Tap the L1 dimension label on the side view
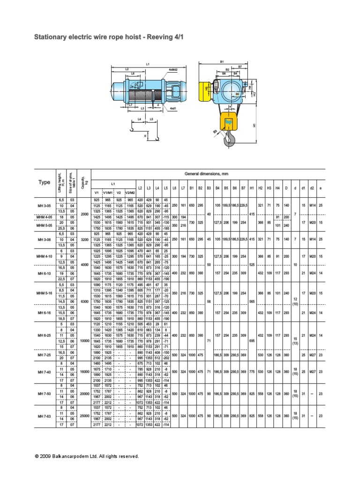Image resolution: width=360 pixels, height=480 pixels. click(x=147, y=63)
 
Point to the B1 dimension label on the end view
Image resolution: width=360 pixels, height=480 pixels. click(x=222, y=61)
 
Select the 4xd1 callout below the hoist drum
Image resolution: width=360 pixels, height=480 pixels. click(x=172, y=109)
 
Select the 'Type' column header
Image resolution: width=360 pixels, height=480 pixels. click(x=45, y=182)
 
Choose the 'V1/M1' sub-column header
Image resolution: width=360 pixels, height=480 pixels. click(x=108, y=193)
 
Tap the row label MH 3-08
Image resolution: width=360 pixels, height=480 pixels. click(x=45, y=239)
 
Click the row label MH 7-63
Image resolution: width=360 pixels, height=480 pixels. click(x=45, y=416)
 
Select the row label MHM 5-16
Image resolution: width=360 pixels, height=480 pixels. click(x=45, y=293)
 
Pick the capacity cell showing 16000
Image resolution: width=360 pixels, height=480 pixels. click(x=84, y=371)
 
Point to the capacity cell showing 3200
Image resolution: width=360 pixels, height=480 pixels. click(x=84, y=239)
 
